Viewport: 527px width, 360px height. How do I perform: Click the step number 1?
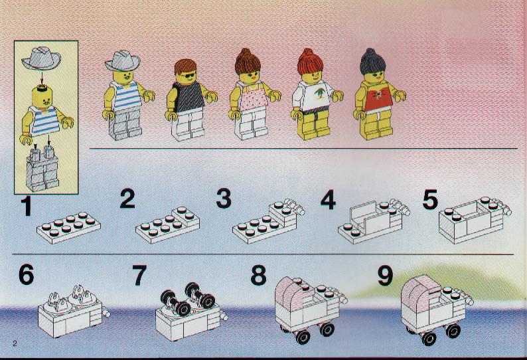pyautogui.click(x=27, y=206)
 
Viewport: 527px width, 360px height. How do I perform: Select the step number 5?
pyautogui.click(x=430, y=199)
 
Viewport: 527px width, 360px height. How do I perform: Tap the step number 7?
pyautogui.click(x=139, y=275)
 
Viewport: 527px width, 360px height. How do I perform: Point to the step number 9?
pyautogui.click(x=386, y=276)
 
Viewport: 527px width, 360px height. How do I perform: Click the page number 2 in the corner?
pyautogui.click(x=15, y=343)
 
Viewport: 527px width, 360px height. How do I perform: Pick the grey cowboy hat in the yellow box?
pyautogui.click(x=41, y=58)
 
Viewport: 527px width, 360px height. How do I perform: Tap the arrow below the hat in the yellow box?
pyautogui.click(x=41, y=78)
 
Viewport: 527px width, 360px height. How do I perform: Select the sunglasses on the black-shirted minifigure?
pyautogui.click(x=188, y=75)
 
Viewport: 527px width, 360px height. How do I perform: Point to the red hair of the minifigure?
pyautogui.click(x=310, y=62)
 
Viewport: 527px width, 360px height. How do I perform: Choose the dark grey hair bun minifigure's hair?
pyautogui.click(x=373, y=62)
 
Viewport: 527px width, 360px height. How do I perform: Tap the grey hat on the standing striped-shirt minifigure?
pyautogui.click(x=123, y=61)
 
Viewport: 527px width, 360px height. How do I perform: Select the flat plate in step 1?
pyautogui.click(x=68, y=227)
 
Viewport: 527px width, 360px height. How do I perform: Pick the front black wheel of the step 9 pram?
pyautogui.click(x=429, y=337)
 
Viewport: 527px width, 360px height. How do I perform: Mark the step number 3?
pyautogui.click(x=224, y=199)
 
